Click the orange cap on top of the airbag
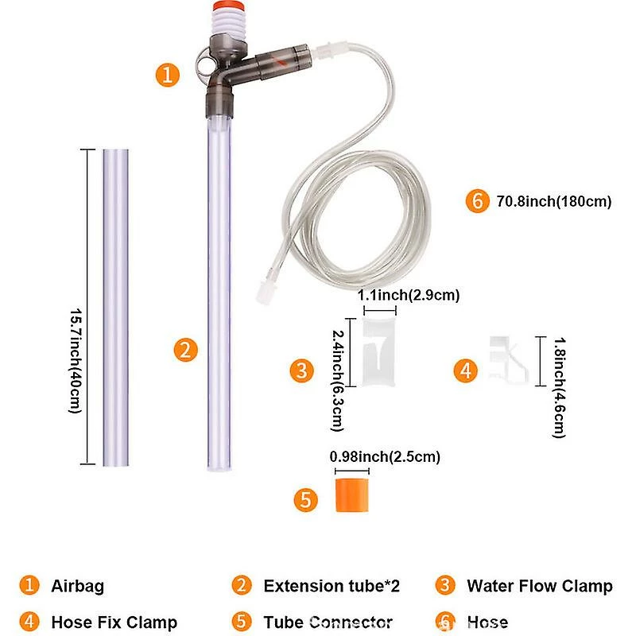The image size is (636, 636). pyautogui.click(x=228, y=6)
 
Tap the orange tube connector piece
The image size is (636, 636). pyautogui.click(x=352, y=494)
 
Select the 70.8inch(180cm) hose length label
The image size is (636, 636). pyautogui.click(x=553, y=201)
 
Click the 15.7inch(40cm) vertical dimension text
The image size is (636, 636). pyautogui.click(x=76, y=361)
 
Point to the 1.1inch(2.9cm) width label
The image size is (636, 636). pyautogui.click(x=409, y=295)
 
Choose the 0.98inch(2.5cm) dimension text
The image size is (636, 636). pyautogui.click(x=385, y=456)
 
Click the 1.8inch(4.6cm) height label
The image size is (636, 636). pyautogui.click(x=560, y=387)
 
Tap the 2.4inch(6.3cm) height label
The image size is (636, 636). pyautogui.click(x=338, y=381)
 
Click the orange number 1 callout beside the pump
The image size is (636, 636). pyautogui.click(x=168, y=75)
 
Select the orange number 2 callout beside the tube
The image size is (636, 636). pyautogui.click(x=186, y=350)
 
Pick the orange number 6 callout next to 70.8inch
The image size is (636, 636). pyautogui.click(x=478, y=201)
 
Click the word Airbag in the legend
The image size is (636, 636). pyautogui.click(x=77, y=586)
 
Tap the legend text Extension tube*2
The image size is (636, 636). pyautogui.click(x=332, y=586)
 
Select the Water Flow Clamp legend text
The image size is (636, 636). pyautogui.click(x=540, y=586)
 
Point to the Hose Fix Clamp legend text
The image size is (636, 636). pyautogui.click(x=114, y=622)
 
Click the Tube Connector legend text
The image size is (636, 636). pyautogui.click(x=328, y=622)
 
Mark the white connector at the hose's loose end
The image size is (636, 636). pyautogui.click(x=264, y=291)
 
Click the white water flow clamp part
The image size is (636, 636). pyautogui.click(x=378, y=351)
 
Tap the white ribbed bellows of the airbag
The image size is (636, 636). pyautogui.click(x=228, y=25)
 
